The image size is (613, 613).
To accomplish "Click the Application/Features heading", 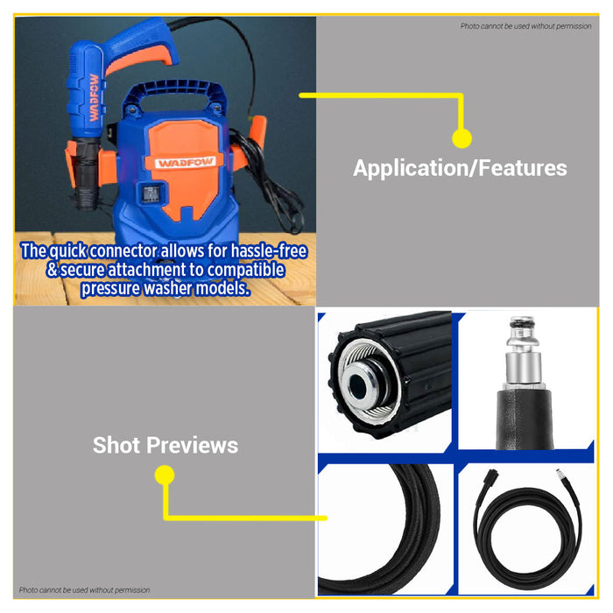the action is tap(460, 168).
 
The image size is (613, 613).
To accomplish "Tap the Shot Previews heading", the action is tap(166, 445).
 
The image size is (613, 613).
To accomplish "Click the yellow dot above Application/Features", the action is tap(462, 138).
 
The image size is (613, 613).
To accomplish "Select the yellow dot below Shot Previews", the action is tap(165, 475).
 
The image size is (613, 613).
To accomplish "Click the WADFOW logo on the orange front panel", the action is tap(186, 162).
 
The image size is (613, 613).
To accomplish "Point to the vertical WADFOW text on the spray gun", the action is tap(94, 98).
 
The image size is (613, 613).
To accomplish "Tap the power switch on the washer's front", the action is tap(151, 194).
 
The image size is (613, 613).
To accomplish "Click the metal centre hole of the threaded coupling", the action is tap(357, 385).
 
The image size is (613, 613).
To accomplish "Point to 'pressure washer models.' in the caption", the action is tap(166, 288).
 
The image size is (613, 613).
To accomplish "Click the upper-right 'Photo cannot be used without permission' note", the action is tap(525, 26).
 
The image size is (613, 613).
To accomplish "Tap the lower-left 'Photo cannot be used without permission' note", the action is tap(84, 590).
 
